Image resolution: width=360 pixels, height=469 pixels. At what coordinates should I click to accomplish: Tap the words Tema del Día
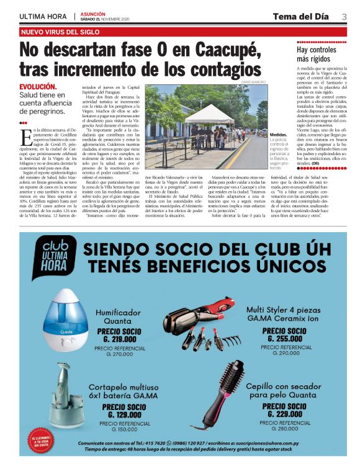click(300, 16)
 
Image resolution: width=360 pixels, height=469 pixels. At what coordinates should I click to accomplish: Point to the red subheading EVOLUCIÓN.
click(38, 87)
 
